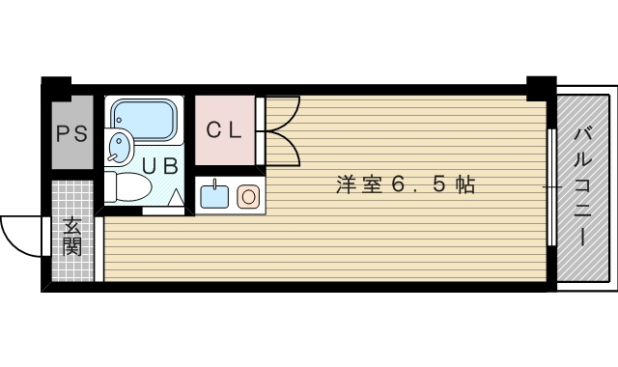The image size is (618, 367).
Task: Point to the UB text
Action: click(161, 165)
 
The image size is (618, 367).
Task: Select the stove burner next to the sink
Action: click(247, 198)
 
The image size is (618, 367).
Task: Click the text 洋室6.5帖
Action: click(406, 184)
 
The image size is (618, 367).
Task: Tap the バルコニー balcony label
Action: click(584, 184)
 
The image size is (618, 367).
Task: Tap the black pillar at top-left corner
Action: click(57, 85)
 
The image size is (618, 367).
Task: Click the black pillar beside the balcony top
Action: click(541, 86)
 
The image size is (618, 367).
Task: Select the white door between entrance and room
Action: click(99, 249)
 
